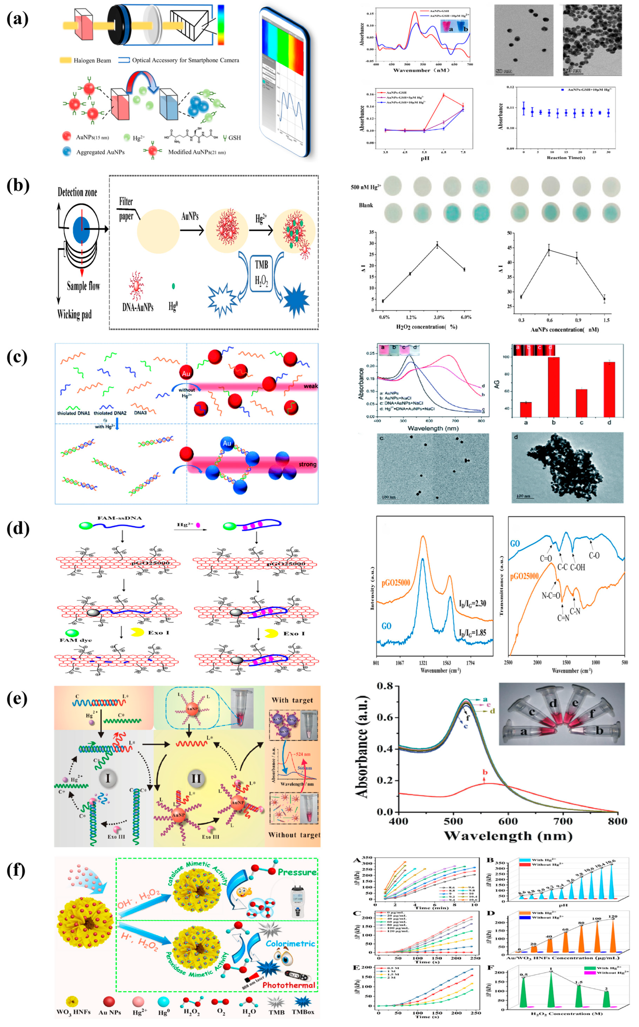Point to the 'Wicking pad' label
click(74, 314)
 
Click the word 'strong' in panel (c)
click(307, 464)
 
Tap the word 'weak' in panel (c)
click(311, 386)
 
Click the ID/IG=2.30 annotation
click(473, 603)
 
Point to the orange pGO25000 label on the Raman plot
click(396, 583)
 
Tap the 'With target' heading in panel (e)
click(292, 700)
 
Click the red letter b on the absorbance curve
click(485, 772)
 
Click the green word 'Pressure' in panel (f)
click(297, 872)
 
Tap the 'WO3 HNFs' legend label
click(73, 1012)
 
